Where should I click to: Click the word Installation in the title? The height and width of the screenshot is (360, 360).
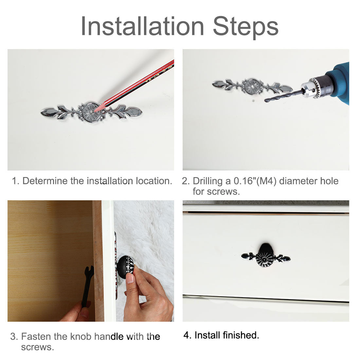tap(142, 26)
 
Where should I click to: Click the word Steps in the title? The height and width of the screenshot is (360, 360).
tap(246, 27)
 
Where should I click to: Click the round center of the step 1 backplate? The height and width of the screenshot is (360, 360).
tap(91, 112)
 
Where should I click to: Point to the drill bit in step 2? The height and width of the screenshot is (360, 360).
tap(283, 96)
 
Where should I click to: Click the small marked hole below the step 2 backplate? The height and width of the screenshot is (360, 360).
tap(253, 101)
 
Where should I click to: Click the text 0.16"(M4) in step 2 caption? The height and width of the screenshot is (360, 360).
tap(255, 181)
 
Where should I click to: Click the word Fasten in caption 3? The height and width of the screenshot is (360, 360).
tap(36, 336)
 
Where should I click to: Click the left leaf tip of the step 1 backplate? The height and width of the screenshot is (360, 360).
tap(41, 113)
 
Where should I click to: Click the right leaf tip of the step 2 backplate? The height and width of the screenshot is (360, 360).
tap(292, 88)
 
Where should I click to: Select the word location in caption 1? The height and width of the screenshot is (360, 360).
tap(154, 181)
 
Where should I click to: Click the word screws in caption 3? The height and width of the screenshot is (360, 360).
tap(37, 347)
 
